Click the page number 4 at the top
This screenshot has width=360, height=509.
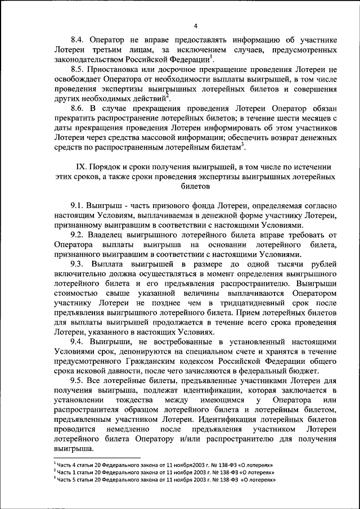point(195,26)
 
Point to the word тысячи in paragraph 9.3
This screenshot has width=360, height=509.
point(290,264)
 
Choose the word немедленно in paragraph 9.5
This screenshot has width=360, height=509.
point(122,430)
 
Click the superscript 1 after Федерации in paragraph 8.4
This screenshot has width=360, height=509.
point(210,56)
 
